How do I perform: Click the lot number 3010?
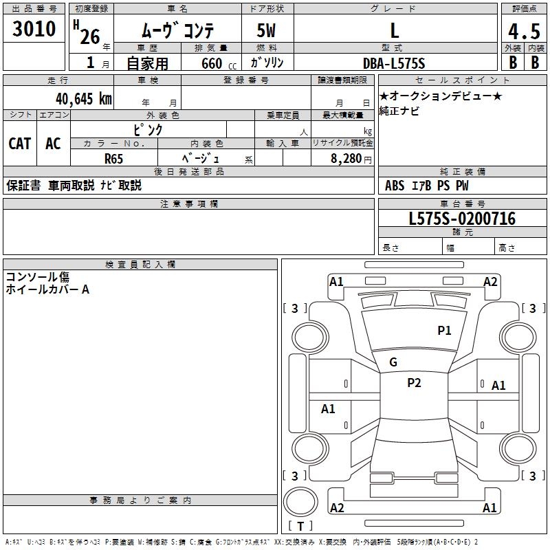point(34,28)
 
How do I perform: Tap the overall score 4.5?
point(525,32)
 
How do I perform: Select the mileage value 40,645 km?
point(84,99)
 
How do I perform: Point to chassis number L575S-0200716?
point(462,219)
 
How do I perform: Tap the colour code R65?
point(114,158)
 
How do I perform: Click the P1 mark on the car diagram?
point(445,331)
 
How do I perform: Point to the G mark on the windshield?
point(393,362)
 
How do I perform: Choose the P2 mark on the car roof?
point(414,383)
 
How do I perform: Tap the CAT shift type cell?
point(20,144)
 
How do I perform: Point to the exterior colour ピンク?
point(147,129)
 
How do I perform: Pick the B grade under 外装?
point(513,62)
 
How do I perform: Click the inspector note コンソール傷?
point(38,277)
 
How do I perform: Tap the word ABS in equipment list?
point(395,186)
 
